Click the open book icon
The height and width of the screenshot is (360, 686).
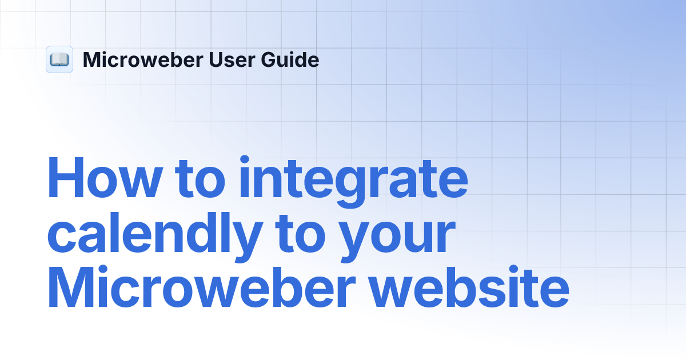pyautogui.click(x=59, y=59)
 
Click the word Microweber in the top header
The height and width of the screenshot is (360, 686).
pyautogui.click(x=143, y=59)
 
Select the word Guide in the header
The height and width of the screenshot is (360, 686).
pyautogui.click(x=290, y=59)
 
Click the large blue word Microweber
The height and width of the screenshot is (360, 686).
pyautogui.click(x=201, y=286)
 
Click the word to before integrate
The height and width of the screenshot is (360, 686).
pyautogui.click(x=200, y=179)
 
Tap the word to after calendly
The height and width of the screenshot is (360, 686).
pyautogui.click(x=301, y=233)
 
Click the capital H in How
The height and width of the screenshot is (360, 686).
pyautogui.click(x=66, y=178)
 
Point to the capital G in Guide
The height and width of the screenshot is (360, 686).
pyautogui.click(x=269, y=59)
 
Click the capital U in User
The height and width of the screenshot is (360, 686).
pyautogui.click(x=216, y=59)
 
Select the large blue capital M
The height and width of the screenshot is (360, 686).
pyautogui.click(x=71, y=286)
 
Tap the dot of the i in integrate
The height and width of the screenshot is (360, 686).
pyautogui.click(x=245, y=160)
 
